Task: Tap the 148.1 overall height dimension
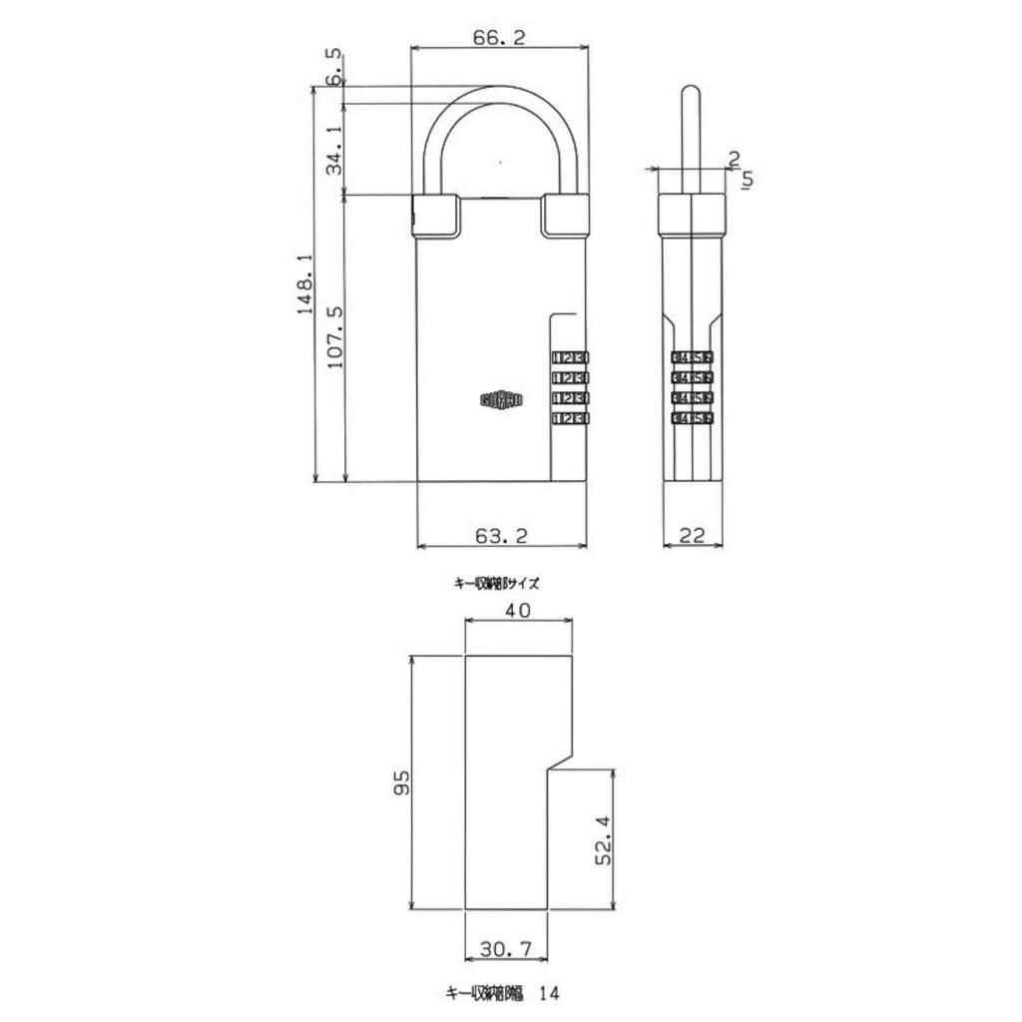point(306,283)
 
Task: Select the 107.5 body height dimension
point(336,337)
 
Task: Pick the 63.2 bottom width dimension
point(501,536)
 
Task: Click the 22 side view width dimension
point(692,536)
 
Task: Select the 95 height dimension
point(402,781)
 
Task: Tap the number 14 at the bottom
point(550,994)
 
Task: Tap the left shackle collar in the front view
point(435,216)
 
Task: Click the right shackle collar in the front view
point(564,216)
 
